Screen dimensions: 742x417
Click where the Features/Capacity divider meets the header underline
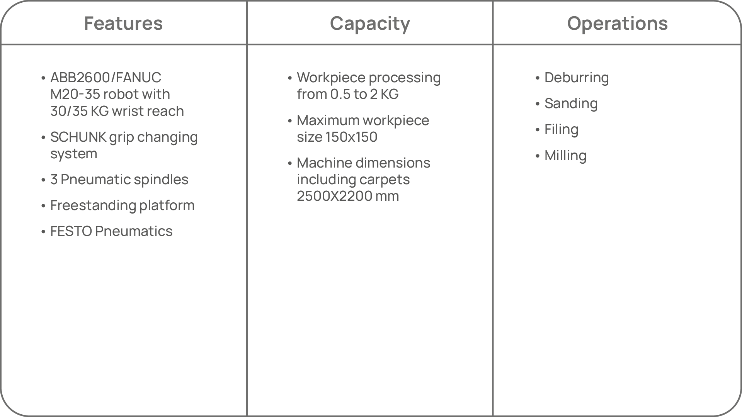pos(247,44)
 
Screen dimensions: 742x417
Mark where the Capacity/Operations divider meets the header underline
pos(493,44)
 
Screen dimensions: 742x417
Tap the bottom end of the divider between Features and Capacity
pos(247,416)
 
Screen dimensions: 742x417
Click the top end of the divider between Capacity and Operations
pos(493,1)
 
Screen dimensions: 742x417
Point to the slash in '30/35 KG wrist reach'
pos(69,111)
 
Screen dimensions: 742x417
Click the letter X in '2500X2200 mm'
pos(336,196)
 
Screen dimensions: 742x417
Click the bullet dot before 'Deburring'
pos(537,78)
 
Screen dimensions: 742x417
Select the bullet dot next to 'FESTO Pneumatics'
pos(43,232)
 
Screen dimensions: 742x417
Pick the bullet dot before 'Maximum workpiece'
pos(290,121)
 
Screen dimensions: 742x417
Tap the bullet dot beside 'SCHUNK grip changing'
pos(43,138)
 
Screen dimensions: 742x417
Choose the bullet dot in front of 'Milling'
pos(537,156)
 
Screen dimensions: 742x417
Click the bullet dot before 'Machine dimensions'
pos(290,164)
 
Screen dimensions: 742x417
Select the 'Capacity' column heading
pos(370,24)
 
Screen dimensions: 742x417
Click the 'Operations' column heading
pos(617,24)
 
